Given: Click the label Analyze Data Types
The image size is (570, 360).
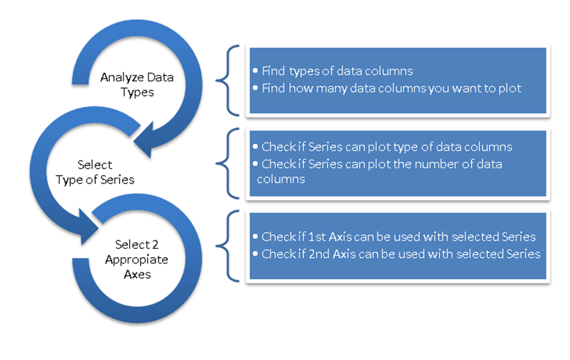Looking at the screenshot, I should [136, 83].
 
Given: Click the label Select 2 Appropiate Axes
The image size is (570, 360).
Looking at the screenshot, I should [132, 259].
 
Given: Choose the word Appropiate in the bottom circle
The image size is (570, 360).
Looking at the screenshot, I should [132, 259].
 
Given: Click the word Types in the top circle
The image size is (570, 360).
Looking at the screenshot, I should [136, 91].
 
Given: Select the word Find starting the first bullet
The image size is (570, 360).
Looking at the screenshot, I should [272, 71].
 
